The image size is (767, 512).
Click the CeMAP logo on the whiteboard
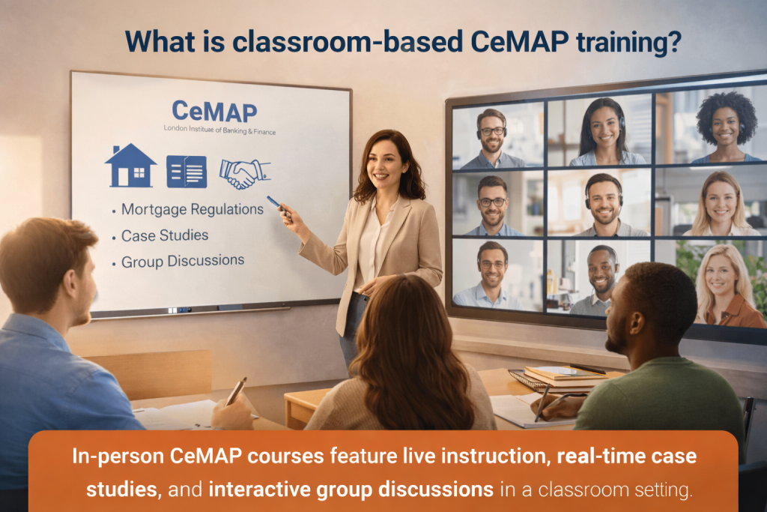click(214, 112)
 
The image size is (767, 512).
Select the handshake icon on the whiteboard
click(244, 172)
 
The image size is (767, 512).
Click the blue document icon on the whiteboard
click(187, 172)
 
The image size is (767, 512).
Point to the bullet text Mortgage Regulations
click(192, 209)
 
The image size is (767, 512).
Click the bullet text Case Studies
click(165, 235)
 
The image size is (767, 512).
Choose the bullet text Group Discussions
click(183, 262)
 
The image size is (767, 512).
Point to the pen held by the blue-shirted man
click(237, 391)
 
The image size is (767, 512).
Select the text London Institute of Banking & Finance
click(219, 131)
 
